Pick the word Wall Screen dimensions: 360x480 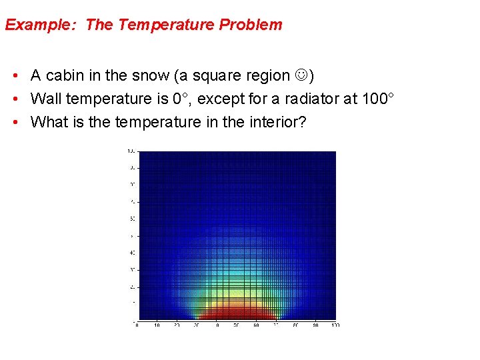[46, 99]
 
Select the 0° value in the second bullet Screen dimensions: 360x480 [180, 99]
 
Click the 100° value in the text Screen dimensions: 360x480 [377, 99]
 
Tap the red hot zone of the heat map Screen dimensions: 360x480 [237, 313]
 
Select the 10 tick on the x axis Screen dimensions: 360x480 [157, 325]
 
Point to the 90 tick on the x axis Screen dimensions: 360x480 [315, 325]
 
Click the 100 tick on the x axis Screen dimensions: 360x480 [335, 325]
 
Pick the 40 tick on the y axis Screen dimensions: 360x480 [133, 252]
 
